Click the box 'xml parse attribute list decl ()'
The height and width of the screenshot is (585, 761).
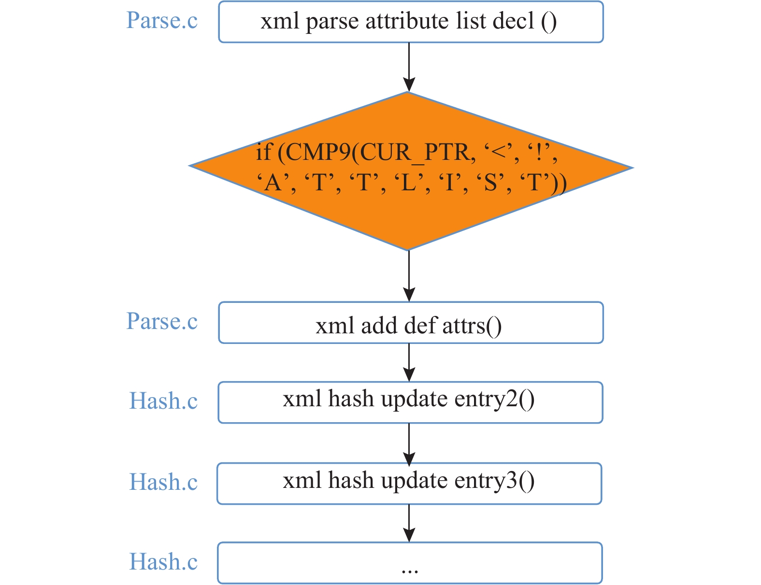coord(411,22)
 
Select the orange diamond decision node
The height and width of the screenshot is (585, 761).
coord(411,171)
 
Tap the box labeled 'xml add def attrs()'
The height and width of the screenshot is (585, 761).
coord(411,322)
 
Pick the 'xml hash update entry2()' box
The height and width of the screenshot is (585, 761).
coord(410,402)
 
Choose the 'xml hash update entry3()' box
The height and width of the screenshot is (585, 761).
coord(409,484)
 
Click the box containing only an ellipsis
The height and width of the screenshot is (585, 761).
coord(410,563)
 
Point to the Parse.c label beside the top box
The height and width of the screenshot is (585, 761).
coord(162,20)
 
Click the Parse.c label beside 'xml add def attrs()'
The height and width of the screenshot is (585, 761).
coord(162,321)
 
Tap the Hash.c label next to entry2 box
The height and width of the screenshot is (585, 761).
coord(163,400)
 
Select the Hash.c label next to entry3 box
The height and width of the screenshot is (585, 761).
coord(163,482)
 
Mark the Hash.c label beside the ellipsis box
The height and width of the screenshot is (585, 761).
coord(163,561)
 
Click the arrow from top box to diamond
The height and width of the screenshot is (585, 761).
coord(409,67)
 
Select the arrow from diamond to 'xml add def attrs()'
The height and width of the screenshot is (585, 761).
coord(409,276)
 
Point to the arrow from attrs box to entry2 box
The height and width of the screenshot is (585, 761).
coord(409,362)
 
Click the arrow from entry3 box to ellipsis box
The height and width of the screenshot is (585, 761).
coord(409,523)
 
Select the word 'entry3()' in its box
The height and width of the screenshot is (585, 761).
coord(494,481)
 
